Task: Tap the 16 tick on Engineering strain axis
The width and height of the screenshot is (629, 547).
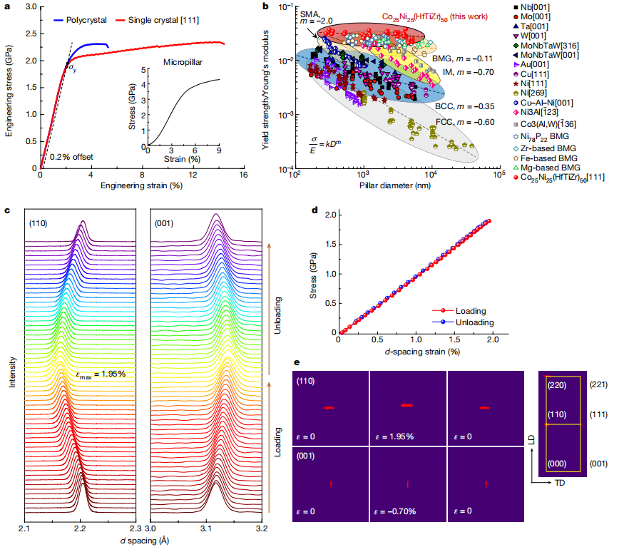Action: click(243, 176)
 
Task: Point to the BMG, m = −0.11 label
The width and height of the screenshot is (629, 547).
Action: click(463, 58)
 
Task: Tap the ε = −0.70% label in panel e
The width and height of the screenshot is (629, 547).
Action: click(397, 511)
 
